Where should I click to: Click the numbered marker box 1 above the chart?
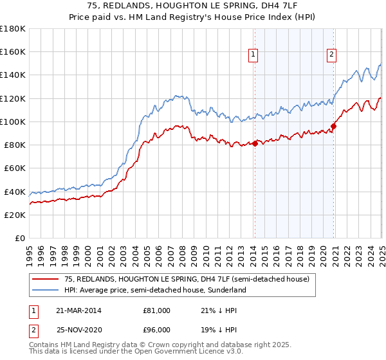point(253,55)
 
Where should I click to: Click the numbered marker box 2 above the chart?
point(331,55)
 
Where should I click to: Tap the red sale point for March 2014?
point(255,143)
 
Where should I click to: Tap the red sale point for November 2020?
point(334,126)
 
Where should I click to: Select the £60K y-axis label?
point(15,168)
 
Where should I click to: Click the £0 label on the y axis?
point(19,238)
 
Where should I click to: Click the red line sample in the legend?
point(45,280)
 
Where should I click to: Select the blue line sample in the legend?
point(45,290)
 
